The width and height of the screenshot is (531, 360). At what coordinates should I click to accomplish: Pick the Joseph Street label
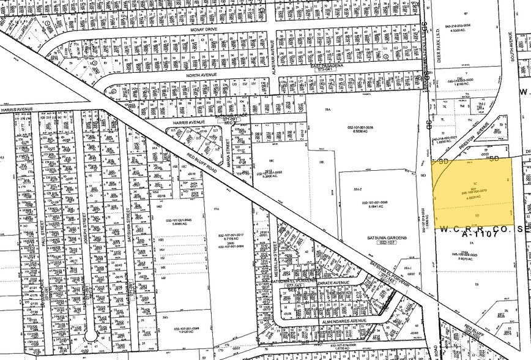pos(85,211)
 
